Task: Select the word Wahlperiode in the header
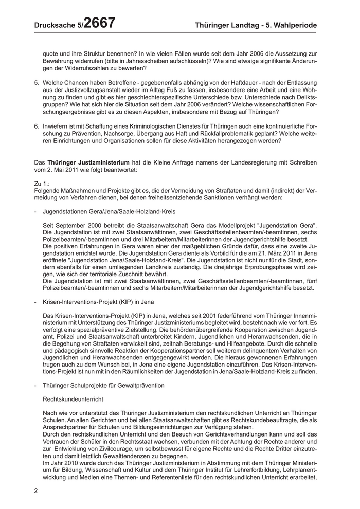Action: pyautogui.click(x=293, y=25)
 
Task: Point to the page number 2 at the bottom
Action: pyautogui.click(x=36, y=490)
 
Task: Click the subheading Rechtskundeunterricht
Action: pyautogui.click(x=74, y=399)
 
